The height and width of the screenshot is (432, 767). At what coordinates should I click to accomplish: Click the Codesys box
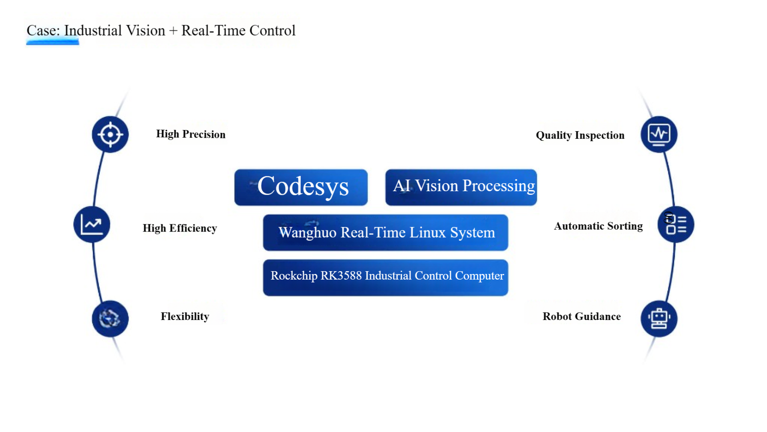(301, 187)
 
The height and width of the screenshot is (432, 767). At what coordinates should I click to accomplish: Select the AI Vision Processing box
(461, 187)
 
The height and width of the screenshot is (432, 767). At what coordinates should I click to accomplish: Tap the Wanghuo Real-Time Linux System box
(385, 232)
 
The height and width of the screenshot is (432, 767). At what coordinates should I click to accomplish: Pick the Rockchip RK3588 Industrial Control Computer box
(385, 278)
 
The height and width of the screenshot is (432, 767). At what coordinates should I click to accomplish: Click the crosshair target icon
(110, 134)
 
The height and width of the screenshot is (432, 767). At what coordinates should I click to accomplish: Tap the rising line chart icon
(92, 224)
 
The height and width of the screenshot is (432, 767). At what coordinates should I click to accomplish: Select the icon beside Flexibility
(110, 319)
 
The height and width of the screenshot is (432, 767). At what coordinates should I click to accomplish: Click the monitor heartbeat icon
(659, 134)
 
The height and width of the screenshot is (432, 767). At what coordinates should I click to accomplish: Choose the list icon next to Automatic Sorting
(676, 224)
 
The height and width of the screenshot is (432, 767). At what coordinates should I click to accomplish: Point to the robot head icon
(659, 319)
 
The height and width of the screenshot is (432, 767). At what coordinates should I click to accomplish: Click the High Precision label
(191, 134)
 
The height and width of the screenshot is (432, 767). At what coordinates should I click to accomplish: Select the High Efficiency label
(180, 228)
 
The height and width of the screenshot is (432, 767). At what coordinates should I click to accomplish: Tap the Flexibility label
(185, 316)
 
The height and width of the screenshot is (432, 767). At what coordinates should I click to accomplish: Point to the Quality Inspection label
(580, 135)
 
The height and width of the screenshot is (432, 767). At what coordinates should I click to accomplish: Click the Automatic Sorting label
(598, 226)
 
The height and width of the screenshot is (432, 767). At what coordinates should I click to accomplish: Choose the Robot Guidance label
(582, 316)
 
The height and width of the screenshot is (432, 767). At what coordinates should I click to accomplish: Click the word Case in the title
(43, 30)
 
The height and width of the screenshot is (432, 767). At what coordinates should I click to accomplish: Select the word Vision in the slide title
(145, 30)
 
